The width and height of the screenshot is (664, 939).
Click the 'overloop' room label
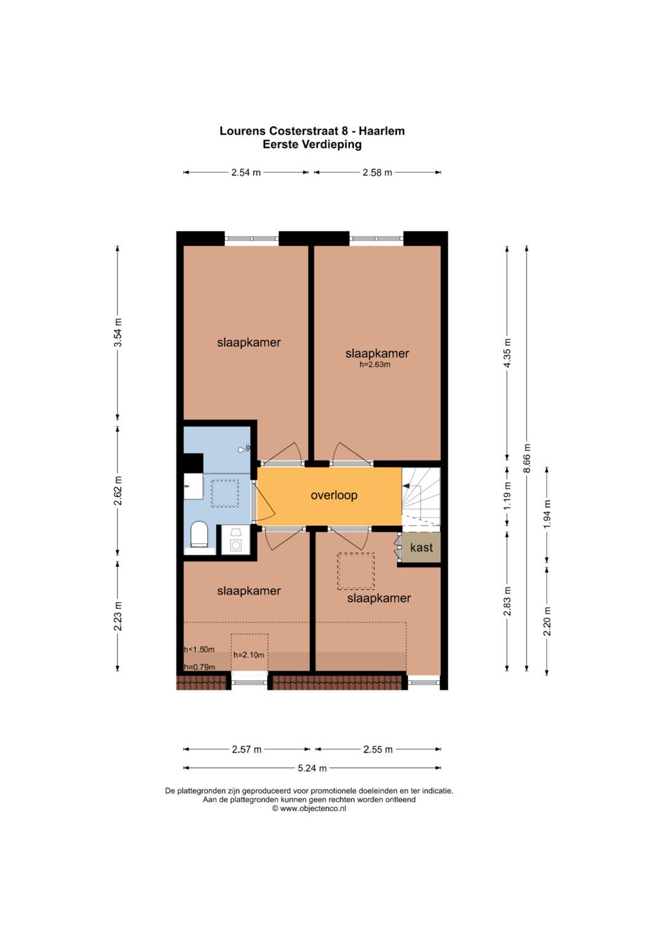[x=334, y=495]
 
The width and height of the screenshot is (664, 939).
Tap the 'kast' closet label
[x=421, y=547]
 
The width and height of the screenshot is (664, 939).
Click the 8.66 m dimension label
[x=527, y=458]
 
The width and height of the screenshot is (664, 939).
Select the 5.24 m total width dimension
[x=312, y=769]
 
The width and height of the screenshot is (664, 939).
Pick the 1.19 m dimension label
[x=507, y=496]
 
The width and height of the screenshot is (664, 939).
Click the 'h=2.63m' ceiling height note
[x=375, y=364]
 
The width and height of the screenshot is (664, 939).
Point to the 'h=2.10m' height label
[x=249, y=655]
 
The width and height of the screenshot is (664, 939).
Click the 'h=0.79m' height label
[x=200, y=667]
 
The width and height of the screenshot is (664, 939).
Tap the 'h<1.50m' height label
[x=199, y=649]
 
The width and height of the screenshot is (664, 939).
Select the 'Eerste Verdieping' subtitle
[x=312, y=145]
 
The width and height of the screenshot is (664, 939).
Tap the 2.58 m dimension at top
[x=377, y=172]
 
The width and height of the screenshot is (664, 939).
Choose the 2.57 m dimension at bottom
[x=247, y=749]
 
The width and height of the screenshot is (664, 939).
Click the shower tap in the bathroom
[x=244, y=448]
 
